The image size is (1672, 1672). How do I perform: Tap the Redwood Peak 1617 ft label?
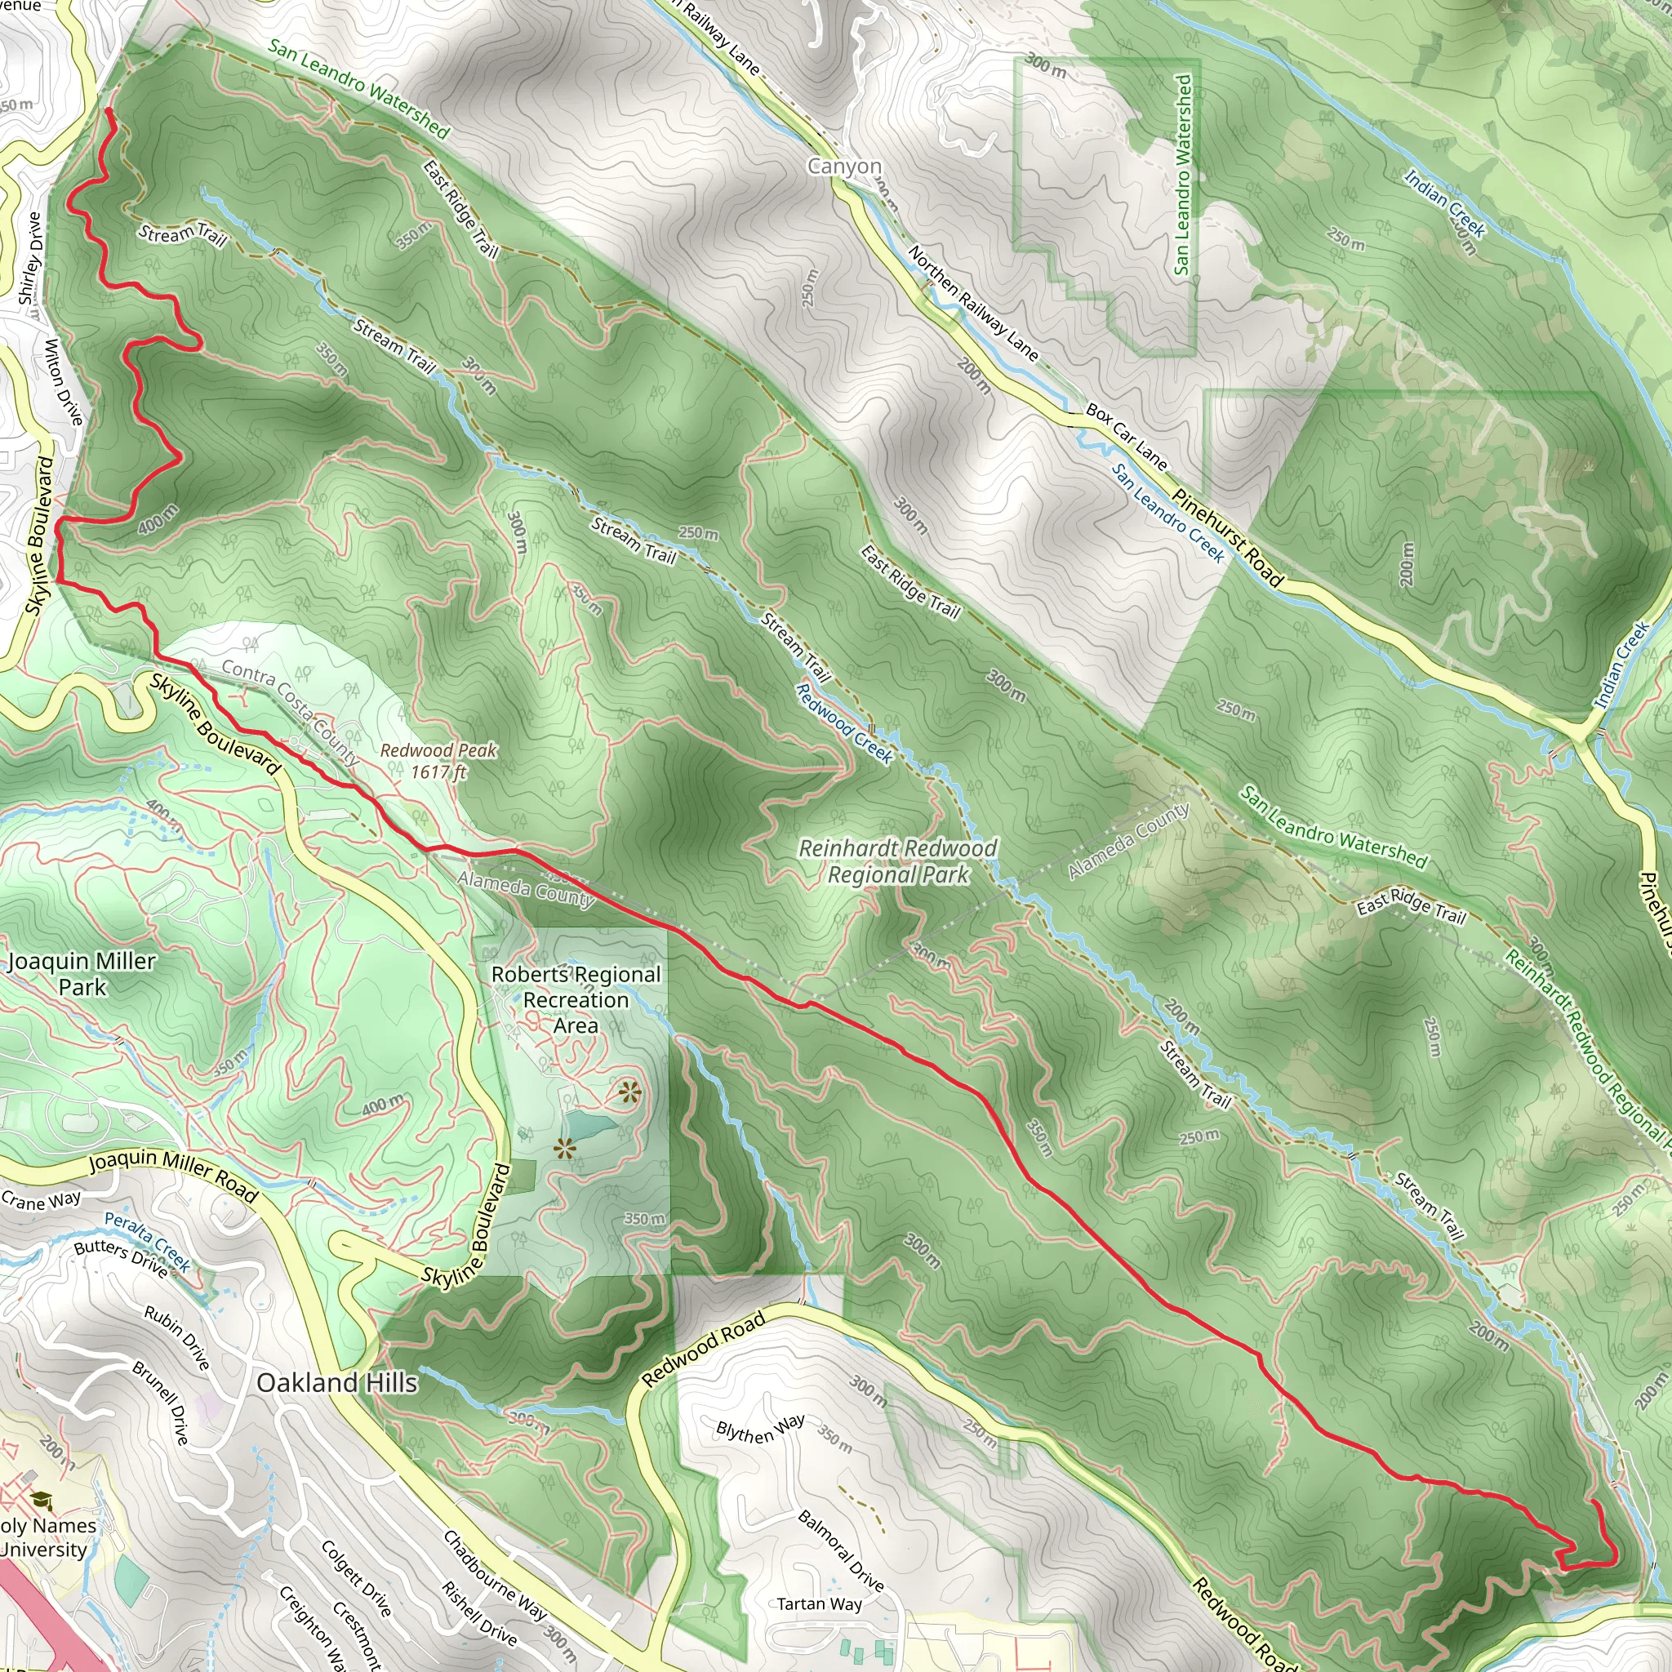(x=438, y=761)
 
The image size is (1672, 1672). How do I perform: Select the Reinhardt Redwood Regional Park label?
(x=897, y=861)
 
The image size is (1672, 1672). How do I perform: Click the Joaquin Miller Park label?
(x=82, y=974)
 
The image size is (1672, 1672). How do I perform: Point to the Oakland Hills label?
(x=337, y=1382)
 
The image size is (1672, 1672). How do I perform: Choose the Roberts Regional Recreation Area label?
(x=576, y=999)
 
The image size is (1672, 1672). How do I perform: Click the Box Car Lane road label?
(x=1126, y=436)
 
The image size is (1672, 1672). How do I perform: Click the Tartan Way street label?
(x=819, y=1603)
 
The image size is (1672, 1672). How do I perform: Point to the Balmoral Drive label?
(x=840, y=1550)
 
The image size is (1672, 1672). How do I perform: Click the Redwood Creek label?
(x=844, y=723)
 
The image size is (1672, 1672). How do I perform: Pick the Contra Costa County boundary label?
(x=290, y=711)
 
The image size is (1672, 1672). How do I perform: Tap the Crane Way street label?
(x=41, y=1200)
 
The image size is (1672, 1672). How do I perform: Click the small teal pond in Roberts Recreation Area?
(x=593, y=1126)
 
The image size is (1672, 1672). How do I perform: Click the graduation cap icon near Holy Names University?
(x=41, y=1500)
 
